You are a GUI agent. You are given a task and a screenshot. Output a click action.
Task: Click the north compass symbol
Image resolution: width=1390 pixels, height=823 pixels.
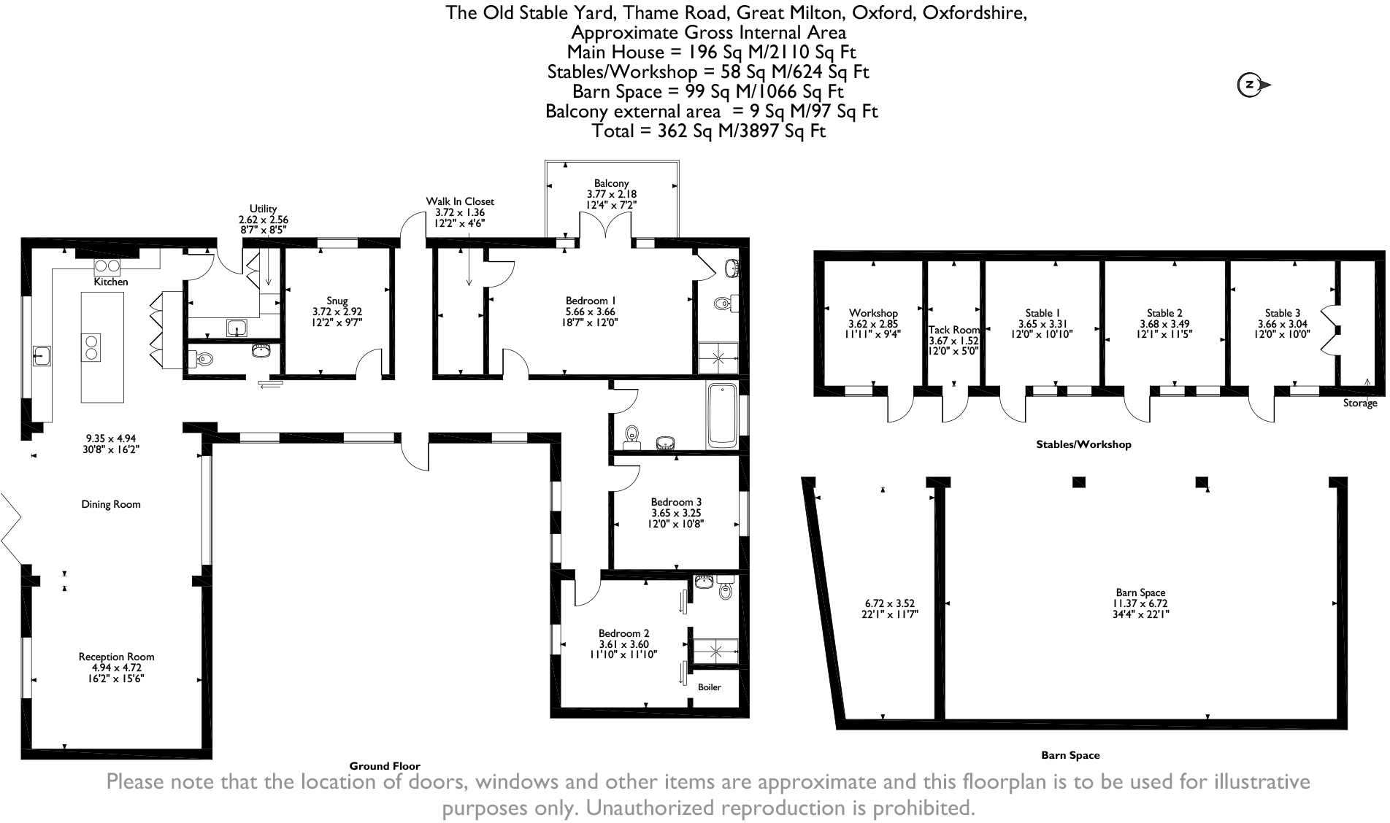[x=1251, y=85]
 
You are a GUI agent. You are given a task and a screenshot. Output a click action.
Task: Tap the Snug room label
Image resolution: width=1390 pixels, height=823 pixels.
[x=337, y=301]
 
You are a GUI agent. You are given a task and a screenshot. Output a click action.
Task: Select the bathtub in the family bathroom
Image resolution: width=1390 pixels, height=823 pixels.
[x=723, y=415]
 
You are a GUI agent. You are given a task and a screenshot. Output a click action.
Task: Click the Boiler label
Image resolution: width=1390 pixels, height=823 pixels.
[x=709, y=687]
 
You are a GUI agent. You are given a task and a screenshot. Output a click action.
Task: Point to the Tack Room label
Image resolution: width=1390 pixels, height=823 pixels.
[x=953, y=330]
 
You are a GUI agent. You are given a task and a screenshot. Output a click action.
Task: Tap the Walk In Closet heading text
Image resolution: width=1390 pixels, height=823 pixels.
[x=460, y=201]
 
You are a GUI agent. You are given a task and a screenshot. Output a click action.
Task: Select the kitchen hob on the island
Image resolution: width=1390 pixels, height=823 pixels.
[x=92, y=347]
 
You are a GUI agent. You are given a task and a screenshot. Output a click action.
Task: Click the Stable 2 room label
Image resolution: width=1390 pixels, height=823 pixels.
[x=1164, y=313]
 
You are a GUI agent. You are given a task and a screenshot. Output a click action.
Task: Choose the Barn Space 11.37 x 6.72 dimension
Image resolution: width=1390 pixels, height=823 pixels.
[x=1140, y=603]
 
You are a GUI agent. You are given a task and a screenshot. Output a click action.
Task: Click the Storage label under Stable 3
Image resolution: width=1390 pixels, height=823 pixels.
[x=1359, y=403]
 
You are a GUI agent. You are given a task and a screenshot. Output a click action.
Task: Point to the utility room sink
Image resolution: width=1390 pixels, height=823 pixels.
[x=237, y=327]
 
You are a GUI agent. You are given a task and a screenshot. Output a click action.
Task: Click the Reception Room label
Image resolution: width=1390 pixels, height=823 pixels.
[x=116, y=657]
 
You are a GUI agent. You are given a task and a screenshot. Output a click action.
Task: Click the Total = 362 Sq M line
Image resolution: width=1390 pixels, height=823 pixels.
[x=708, y=131]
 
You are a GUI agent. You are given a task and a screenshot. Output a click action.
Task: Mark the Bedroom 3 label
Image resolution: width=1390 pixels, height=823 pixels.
[x=676, y=502]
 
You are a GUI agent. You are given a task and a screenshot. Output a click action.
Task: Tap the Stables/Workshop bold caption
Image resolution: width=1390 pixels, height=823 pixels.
[x=1083, y=444]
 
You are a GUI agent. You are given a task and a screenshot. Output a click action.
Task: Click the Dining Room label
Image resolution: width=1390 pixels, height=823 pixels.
[x=111, y=504]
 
